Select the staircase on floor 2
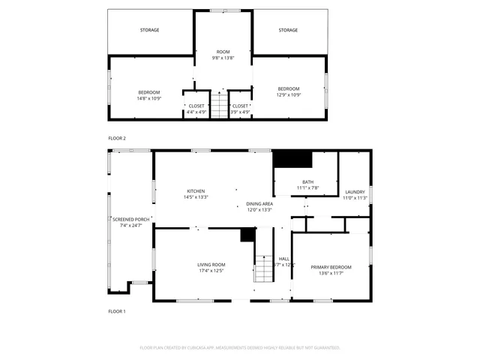click(x=218, y=105)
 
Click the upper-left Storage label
click(x=149, y=30)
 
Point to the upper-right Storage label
click(x=288, y=30)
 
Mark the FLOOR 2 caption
click(x=117, y=138)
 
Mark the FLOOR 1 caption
click(x=117, y=310)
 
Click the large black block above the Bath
click(x=292, y=158)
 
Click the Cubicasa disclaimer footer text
click(x=240, y=348)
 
